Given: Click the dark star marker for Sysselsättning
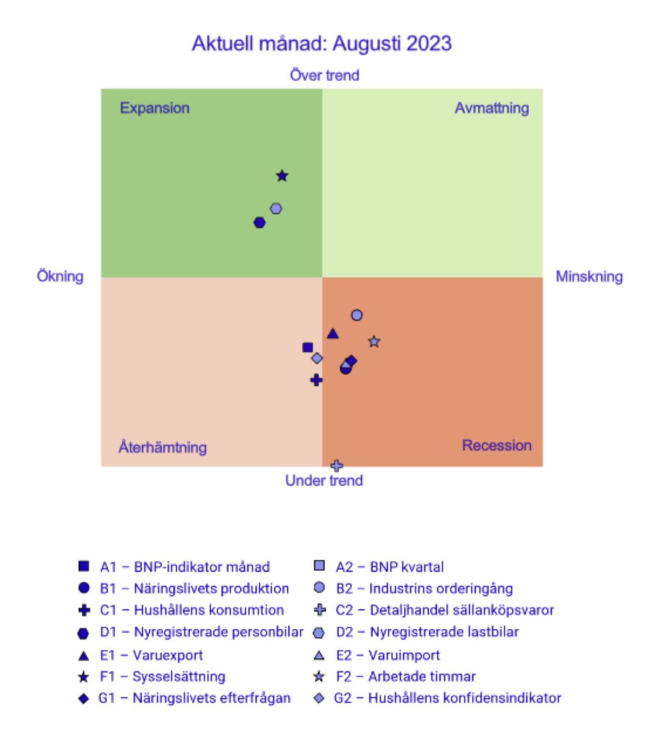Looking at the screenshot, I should [x=282, y=176].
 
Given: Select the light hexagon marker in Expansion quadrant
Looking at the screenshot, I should [x=276, y=208].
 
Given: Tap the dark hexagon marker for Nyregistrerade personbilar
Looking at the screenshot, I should [x=260, y=222].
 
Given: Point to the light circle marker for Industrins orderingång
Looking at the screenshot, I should [x=357, y=315].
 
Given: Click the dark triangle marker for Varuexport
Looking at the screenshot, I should [x=333, y=334].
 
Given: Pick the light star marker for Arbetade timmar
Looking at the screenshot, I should [x=374, y=341].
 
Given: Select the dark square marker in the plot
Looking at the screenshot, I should [x=308, y=348].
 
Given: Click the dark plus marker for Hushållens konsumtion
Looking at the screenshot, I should [x=316, y=380].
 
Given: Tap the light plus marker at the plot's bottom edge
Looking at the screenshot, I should [x=336, y=466].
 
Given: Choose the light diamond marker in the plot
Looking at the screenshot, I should [x=317, y=358].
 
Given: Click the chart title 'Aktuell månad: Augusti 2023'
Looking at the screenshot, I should [x=322, y=44].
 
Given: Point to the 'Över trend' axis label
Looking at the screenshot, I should [x=324, y=75].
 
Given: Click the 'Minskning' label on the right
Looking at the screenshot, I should [x=589, y=276].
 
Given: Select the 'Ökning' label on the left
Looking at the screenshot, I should [x=60, y=276].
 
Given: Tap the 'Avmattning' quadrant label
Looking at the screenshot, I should [x=492, y=108].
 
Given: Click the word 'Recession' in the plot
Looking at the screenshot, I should [x=496, y=445].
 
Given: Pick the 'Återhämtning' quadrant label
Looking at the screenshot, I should [x=162, y=447].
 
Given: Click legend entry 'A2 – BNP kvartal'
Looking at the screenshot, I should [x=389, y=567].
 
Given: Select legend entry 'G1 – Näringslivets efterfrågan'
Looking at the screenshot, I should [x=194, y=698].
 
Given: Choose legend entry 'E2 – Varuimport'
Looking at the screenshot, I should [x=387, y=655].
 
